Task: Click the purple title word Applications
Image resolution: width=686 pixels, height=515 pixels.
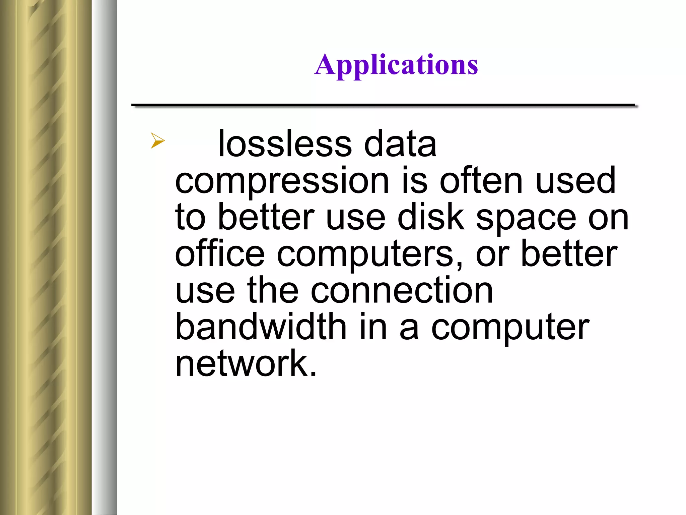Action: tap(396, 65)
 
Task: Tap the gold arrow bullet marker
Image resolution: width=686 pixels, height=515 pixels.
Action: tap(157, 140)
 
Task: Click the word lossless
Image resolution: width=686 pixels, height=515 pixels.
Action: tap(285, 144)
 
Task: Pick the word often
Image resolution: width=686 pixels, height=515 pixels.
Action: tap(481, 181)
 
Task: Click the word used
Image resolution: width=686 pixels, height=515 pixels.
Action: tap(575, 181)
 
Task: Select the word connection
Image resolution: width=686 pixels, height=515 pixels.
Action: tap(402, 290)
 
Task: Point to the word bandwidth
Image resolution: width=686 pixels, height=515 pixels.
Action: tap(261, 327)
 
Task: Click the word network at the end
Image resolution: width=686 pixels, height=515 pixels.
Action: tap(242, 363)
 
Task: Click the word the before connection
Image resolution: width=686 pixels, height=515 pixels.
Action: tap(272, 290)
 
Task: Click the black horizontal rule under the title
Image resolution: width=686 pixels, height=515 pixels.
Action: tap(383, 105)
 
